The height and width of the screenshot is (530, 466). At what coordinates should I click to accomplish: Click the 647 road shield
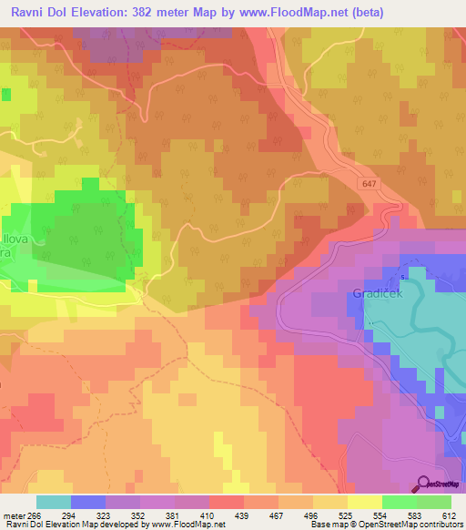click(x=380, y=184)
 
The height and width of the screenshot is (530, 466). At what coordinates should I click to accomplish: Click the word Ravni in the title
click(x=27, y=12)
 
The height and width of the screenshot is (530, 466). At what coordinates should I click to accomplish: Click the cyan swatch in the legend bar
click(x=54, y=502)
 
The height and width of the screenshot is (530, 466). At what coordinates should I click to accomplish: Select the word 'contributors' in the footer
click(x=440, y=525)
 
